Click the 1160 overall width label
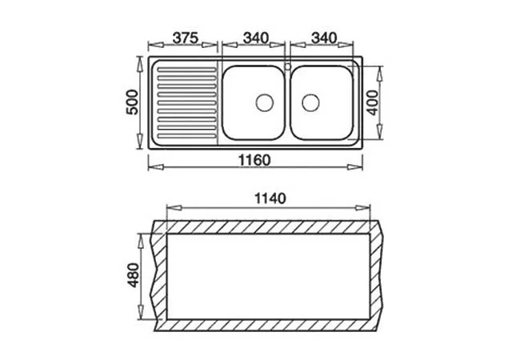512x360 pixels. tap(255, 160)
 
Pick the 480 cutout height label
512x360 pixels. tap(134, 274)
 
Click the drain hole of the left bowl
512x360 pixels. tap(262, 102)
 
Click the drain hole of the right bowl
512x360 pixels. tap(311, 102)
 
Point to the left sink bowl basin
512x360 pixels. tap(252, 102)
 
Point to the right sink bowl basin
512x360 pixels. tap(322, 102)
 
